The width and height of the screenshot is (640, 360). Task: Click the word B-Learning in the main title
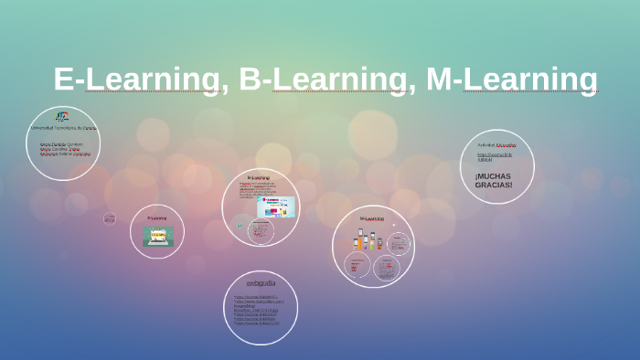pos(323,79)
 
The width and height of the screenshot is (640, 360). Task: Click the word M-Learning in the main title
pos(512,79)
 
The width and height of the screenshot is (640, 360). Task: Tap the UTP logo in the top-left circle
pos(61,116)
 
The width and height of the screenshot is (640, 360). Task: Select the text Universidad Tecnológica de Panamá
pos(63,128)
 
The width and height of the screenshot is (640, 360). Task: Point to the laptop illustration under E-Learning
pos(157,236)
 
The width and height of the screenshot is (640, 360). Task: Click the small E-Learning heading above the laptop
pos(157,218)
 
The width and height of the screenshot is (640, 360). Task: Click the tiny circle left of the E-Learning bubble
pos(110,218)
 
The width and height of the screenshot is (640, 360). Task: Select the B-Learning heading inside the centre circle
pos(259,177)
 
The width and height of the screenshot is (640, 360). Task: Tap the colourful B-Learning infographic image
pos(276,206)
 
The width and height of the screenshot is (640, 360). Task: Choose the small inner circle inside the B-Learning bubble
pos(261,230)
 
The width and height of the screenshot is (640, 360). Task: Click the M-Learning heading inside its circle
pos(371,218)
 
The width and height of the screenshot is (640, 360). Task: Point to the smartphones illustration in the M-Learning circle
pos(367,241)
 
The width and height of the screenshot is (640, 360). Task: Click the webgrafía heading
pos(261,283)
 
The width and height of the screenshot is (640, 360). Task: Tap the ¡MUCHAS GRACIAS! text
pos(494,180)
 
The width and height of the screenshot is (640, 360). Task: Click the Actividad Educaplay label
pos(496,145)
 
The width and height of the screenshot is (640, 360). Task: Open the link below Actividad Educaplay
pos(492,157)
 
